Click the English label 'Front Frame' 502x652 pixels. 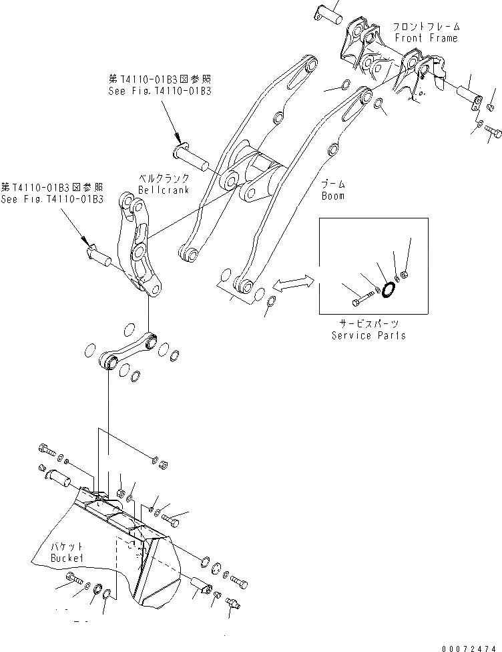(425, 38)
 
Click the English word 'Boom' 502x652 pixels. (332, 196)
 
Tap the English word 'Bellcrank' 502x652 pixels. (164, 190)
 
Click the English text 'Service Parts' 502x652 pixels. (368, 335)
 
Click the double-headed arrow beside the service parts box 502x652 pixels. (294, 283)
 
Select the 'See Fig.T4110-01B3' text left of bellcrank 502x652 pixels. (52, 199)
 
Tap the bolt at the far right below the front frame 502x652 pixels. (493, 132)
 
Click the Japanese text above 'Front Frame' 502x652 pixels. (425, 27)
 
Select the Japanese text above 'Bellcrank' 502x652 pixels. (164, 179)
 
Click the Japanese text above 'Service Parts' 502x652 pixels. (368, 323)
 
